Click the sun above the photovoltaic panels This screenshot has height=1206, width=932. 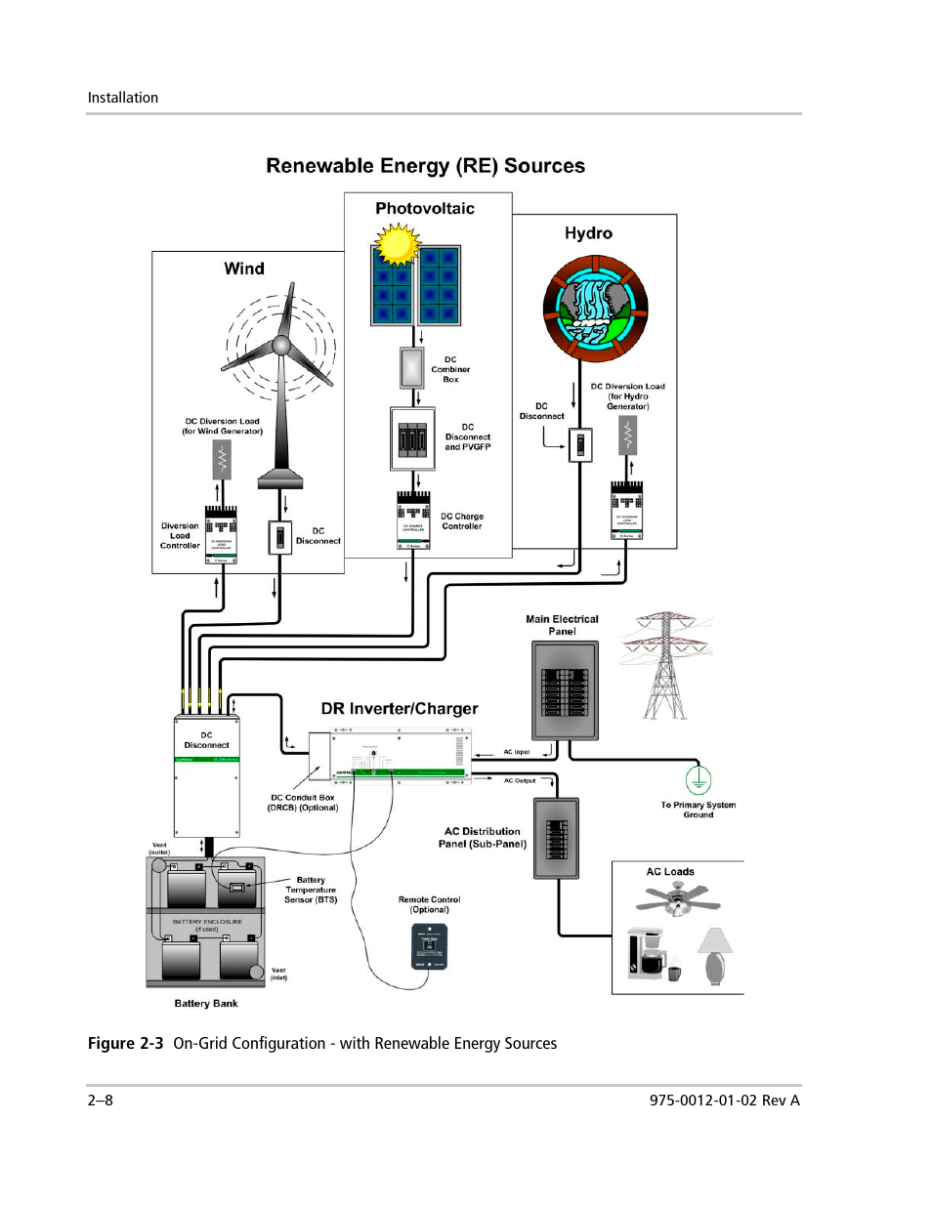coord(397,244)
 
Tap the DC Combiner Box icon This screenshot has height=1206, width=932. coord(412,368)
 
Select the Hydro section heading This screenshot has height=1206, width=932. coord(588,233)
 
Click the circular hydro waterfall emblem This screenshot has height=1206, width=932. coord(595,309)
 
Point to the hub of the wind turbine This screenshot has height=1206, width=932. coord(281,345)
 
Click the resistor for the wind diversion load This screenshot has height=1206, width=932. coord(223,459)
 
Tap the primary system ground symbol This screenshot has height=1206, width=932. coord(698,780)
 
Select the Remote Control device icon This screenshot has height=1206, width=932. coord(429,946)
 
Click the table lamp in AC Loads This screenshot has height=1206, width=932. coord(715,954)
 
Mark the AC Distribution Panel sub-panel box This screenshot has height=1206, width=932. coord(556,838)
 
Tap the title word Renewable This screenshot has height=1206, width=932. coord(320,166)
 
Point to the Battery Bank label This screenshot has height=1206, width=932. coord(205,1003)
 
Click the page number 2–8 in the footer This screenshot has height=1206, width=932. coord(101,1100)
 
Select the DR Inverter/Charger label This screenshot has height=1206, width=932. coord(400,709)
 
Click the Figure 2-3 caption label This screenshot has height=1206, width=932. coord(125,1043)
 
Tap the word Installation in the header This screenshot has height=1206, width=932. coord(123,98)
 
